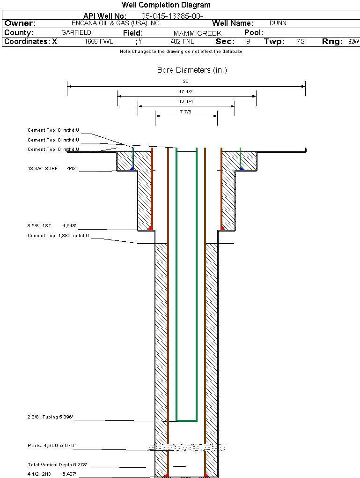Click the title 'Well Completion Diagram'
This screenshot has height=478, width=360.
(x=166, y=5)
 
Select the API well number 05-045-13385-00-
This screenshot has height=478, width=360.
(x=172, y=16)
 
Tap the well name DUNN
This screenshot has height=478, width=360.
(x=278, y=23)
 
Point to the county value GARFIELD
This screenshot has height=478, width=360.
(x=76, y=33)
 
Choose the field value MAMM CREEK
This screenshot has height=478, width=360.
(x=197, y=33)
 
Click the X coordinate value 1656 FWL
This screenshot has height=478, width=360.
(x=99, y=42)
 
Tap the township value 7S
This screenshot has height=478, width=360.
(x=301, y=42)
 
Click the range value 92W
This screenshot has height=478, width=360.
(x=353, y=42)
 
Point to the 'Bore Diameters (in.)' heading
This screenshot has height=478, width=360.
(x=192, y=70)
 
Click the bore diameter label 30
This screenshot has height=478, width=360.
(x=185, y=82)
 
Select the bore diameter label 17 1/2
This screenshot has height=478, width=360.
(x=186, y=92)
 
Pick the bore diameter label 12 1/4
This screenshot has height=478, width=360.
(x=186, y=102)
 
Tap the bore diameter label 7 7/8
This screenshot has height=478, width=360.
(x=186, y=112)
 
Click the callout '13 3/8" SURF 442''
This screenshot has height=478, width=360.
(x=52, y=168)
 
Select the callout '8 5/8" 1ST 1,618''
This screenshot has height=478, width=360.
(x=51, y=226)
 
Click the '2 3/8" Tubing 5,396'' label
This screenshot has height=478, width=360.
(x=51, y=417)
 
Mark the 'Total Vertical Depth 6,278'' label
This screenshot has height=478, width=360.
(x=58, y=465)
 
